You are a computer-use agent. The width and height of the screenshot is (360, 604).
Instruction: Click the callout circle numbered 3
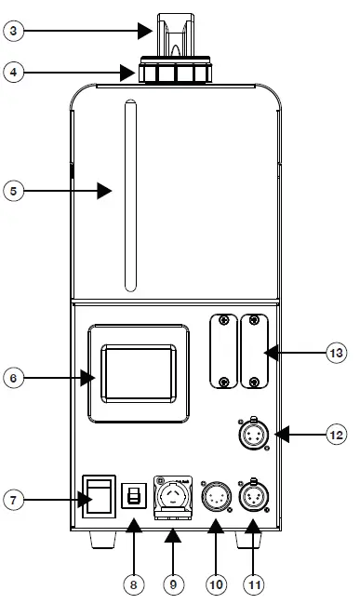point(13,30)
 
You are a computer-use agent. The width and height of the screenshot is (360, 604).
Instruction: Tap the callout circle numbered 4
point(13,72)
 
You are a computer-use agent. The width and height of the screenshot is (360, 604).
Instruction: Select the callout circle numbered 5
point(13,191)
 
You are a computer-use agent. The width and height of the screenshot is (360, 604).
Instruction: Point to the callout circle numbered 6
point(13,378)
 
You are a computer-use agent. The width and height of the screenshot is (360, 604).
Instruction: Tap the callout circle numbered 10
point(216,585)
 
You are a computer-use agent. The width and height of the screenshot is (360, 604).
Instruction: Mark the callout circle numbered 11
point(254,585)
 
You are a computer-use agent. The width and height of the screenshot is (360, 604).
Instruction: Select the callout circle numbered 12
point(337,434)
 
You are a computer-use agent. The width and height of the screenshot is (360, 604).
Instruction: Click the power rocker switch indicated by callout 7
point(100,495)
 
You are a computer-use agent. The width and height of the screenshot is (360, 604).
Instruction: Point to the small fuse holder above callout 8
point(132,497)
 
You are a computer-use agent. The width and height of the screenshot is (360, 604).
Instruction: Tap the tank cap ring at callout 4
point(176,73)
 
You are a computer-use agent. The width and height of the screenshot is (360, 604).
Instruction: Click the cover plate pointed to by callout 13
point(255,353)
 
